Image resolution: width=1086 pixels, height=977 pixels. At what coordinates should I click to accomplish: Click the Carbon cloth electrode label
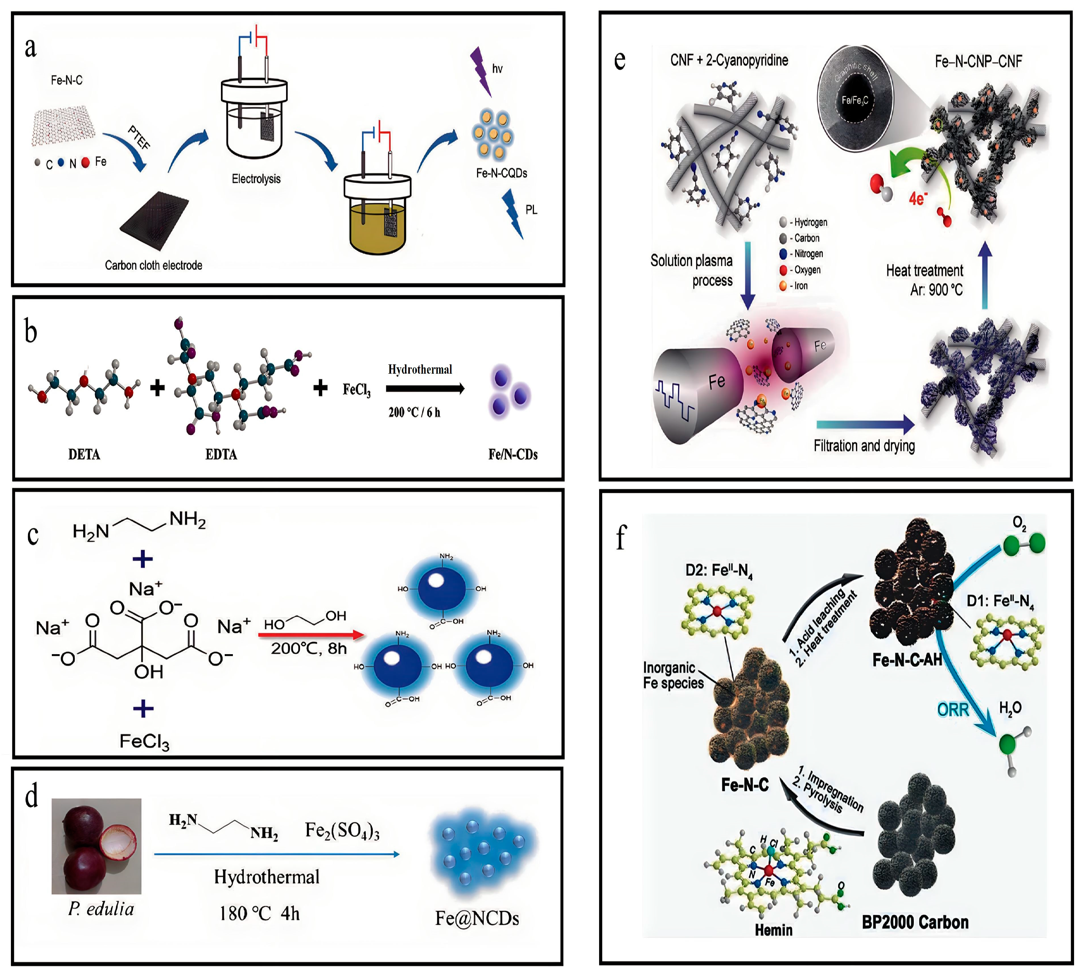pos(153,265)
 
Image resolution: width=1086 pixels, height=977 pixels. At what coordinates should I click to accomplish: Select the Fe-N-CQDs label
pos(501,173)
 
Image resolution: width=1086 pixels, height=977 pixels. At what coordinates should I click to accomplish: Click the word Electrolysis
pos(256,179)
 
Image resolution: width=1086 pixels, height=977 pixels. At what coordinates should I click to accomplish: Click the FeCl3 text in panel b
pos(356,390)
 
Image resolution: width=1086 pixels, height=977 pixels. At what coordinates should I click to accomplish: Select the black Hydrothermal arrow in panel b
pos(425,389)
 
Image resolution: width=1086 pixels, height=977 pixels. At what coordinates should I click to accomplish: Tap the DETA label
pos(84,455)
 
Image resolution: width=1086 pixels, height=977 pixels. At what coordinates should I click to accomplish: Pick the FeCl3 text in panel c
pos(144,742)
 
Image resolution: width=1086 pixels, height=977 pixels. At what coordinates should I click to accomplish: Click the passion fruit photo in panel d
pos(96,846)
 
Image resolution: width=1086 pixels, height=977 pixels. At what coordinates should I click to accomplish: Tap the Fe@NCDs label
pos(477,918)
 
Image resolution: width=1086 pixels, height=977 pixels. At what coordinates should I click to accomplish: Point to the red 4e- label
pos(918,198)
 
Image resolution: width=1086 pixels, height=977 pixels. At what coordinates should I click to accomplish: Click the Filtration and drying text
pos(864,446)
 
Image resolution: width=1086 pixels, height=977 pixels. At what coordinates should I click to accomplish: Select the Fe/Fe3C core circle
pos(854,100)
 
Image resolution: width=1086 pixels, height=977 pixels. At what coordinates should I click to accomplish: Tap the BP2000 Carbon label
pos(915,922)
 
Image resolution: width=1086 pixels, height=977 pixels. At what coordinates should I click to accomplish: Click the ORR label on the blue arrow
pos(953,710)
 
